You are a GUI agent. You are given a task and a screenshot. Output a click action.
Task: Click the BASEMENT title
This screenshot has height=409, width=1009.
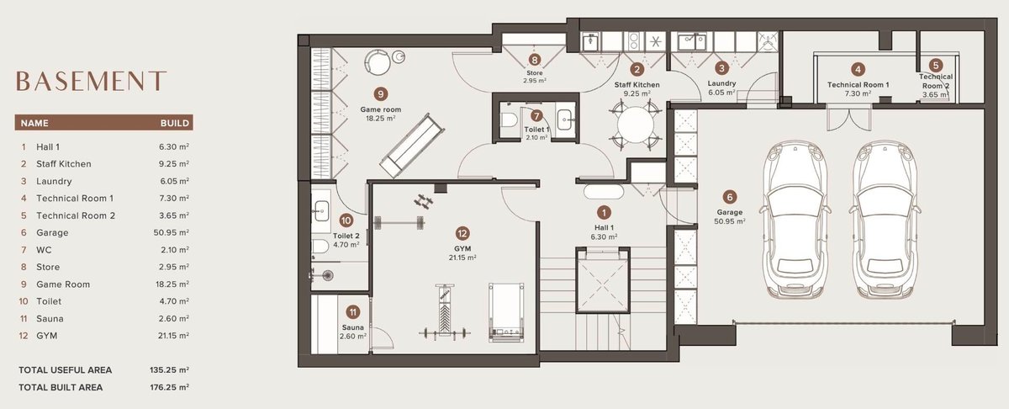[x=92, y=81]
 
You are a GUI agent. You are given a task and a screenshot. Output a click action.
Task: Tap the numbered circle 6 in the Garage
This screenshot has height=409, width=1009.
[x=729, y=197]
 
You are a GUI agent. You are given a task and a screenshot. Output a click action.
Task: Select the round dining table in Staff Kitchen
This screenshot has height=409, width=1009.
[x=635, y=125]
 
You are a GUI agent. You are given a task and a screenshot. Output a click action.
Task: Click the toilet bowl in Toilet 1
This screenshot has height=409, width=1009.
[x=509, y=120]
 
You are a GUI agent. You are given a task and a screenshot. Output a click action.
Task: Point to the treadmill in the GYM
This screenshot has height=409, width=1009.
[x=507, y=312]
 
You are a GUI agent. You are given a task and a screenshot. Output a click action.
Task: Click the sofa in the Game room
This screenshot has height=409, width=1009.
[x=412, y=146]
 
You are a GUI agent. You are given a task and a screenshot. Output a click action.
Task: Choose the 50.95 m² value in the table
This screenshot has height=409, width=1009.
[x=172, y=232]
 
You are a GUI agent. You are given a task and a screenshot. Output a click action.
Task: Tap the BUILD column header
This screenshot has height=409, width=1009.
[x=175, y=123]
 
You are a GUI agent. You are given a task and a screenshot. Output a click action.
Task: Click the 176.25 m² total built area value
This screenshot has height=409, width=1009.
[x=169, y=387]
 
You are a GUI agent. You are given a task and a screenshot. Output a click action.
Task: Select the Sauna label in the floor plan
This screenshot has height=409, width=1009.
[x=352, y=327]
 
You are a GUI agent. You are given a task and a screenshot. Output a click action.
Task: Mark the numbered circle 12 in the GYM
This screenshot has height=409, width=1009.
[x=462, y=234]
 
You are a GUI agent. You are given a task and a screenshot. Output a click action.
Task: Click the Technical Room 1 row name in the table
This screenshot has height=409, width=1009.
[x=75, y=199]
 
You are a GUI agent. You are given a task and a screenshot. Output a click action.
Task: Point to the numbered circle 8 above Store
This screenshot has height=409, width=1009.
[x=535, y=60]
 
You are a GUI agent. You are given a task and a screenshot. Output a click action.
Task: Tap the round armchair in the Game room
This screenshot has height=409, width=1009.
[x=377, y=62]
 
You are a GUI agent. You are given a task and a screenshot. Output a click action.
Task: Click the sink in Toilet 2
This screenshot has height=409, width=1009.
[x=321, y=210]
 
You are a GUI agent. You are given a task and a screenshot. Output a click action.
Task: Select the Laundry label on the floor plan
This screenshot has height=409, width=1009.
[x=721, y=83]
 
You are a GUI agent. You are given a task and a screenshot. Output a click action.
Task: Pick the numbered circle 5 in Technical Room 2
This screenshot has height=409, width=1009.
[x=936, y=66]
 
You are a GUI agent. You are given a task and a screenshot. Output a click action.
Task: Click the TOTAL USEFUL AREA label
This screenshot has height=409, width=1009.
[x=66, y=370]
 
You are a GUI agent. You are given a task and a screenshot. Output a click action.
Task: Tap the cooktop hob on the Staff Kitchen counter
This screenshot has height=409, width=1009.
[x=634, y=41]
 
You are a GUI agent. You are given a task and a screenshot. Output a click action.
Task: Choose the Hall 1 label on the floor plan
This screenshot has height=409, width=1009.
[x=604, y=228]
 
